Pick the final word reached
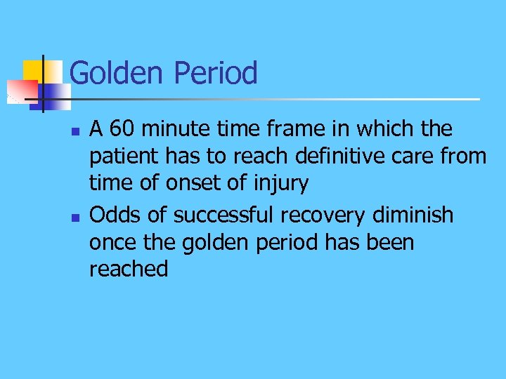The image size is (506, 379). click(x=129, y=270)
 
